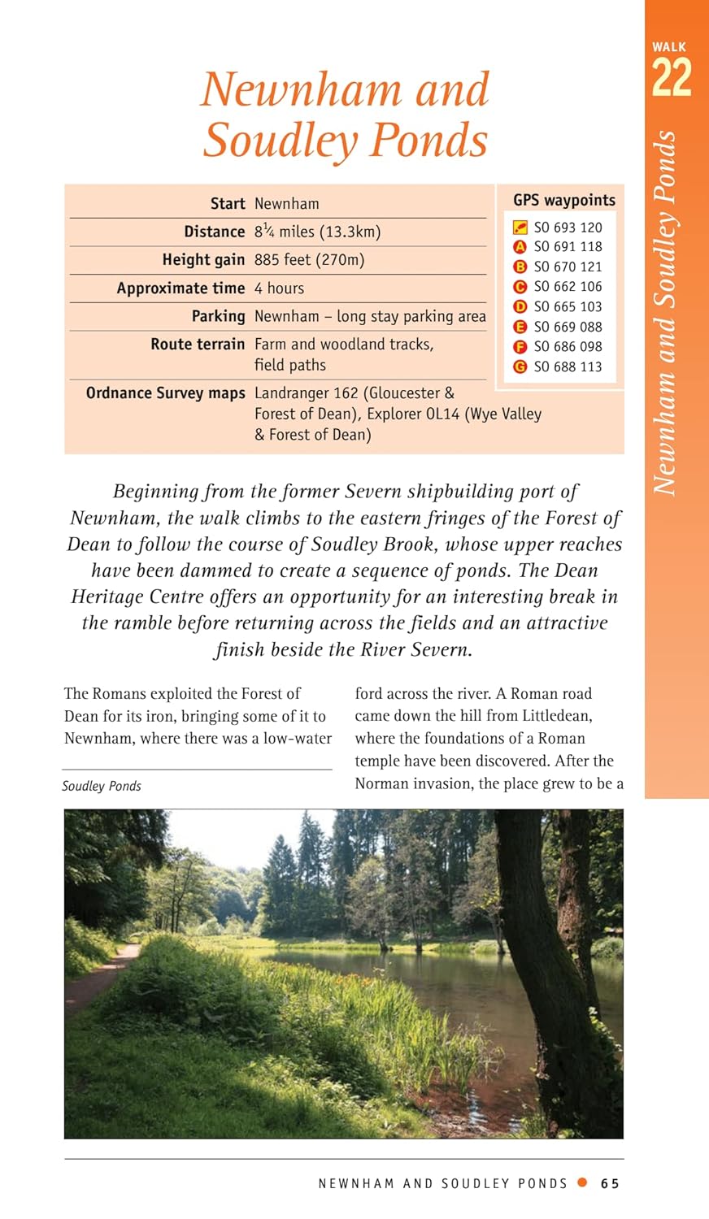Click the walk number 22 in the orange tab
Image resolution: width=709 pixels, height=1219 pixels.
tap(671, 79)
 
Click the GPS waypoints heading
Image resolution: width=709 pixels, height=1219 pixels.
tap(563, 200)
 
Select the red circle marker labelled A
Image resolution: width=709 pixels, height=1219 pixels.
tap(520, 247)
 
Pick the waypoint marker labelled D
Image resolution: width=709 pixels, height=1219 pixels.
tap(520, 306)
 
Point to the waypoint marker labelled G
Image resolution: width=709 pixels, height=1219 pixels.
tap(520, 367)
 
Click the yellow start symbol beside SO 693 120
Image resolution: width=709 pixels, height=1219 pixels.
tap(520, 228)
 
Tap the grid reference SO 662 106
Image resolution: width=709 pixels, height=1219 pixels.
tap(568, 287)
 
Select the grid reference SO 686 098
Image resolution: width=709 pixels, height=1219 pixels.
tap(568, 346)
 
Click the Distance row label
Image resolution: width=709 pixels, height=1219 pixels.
tap(214, 232)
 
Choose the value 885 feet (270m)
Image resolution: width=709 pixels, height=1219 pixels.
tap(309, 260)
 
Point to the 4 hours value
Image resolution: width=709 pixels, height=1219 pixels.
tap(279, 288)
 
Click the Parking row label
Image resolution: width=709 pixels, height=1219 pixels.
tap(218, 316)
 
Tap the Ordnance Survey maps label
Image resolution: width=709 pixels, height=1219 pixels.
tap(165, 393)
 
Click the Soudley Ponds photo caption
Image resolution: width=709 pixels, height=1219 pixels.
tap(102, 786)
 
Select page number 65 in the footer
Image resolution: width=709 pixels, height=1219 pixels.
tap(610, 1183)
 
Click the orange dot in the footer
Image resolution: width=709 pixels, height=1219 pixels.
tap(581, 1182)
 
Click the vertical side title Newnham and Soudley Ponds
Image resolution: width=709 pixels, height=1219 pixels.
tap(666, 313)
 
